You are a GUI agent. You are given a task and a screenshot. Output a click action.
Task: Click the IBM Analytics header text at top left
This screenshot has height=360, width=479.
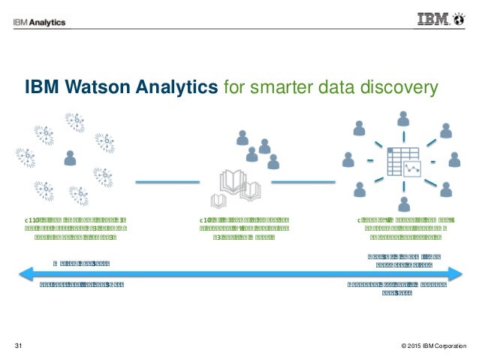(39, 22)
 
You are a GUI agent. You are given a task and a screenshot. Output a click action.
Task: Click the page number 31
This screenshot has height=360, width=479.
(20, 346)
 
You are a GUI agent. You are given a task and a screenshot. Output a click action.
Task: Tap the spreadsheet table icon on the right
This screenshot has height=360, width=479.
(404, 162)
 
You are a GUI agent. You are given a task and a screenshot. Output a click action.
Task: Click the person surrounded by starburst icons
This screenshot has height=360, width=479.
(71, 157)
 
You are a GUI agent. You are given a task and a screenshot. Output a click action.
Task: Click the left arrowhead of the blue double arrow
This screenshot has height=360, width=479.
(23, 274)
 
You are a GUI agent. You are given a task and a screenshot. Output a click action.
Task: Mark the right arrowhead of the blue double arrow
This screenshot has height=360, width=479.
(457, 274)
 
